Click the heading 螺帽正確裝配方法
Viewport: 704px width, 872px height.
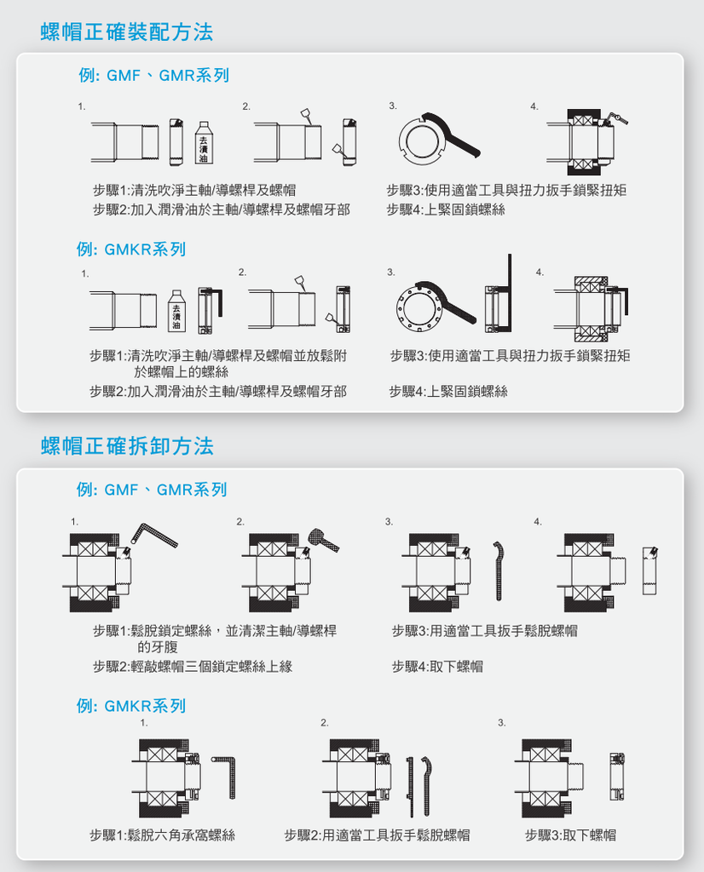click(x=127, y=32)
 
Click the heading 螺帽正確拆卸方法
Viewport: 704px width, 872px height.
click(x=128, y=446)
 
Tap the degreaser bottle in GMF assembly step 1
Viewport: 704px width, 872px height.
click(x=204, y=143)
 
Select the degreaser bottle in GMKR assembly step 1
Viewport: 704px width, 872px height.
click(x=176, y=311)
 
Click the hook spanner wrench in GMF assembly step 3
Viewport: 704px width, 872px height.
click(x=452, y=135)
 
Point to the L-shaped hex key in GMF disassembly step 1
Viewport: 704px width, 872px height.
click(x=154, y=535)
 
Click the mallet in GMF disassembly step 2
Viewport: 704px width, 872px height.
click(x=323, y=539)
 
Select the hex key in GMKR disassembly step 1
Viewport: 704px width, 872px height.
click(x=225, y=777)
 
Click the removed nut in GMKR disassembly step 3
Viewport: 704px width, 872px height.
click(x=616, y=777)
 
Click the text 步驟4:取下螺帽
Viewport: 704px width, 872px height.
click(x=437, y=666)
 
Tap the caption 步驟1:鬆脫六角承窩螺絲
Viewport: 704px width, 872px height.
click(x=163, y=835)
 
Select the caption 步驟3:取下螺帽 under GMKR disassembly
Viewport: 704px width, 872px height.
click(x=570, y=835)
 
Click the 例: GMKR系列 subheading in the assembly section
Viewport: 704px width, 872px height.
click(x=131, y=250)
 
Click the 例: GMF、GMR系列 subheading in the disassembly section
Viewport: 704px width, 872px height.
click(x=152, y=490)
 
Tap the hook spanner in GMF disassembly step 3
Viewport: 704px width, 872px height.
click(x=498, y=571)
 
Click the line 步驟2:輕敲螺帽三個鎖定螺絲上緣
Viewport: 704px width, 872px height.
click(x=193, y=666)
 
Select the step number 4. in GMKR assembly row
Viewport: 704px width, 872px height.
click(x=540, y=272)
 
